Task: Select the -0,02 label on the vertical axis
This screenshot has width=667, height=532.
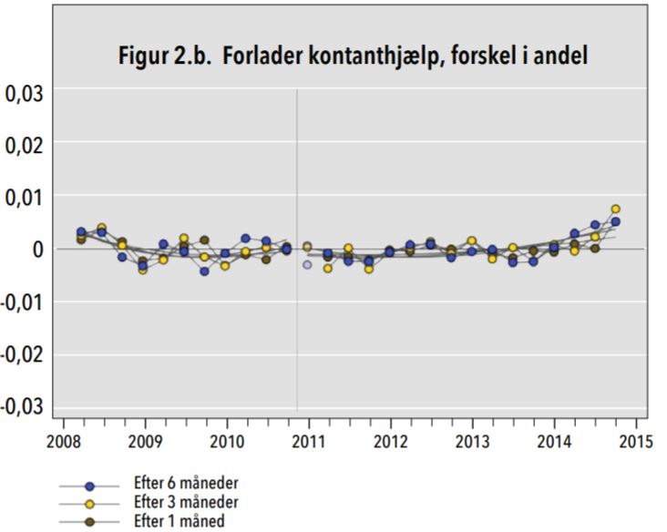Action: click(21, 353)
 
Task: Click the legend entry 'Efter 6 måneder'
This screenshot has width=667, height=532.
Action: click(187, 486)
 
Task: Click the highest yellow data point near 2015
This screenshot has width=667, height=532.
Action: click(616, 209)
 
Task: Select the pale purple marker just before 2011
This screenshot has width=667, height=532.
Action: click(307, 264)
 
